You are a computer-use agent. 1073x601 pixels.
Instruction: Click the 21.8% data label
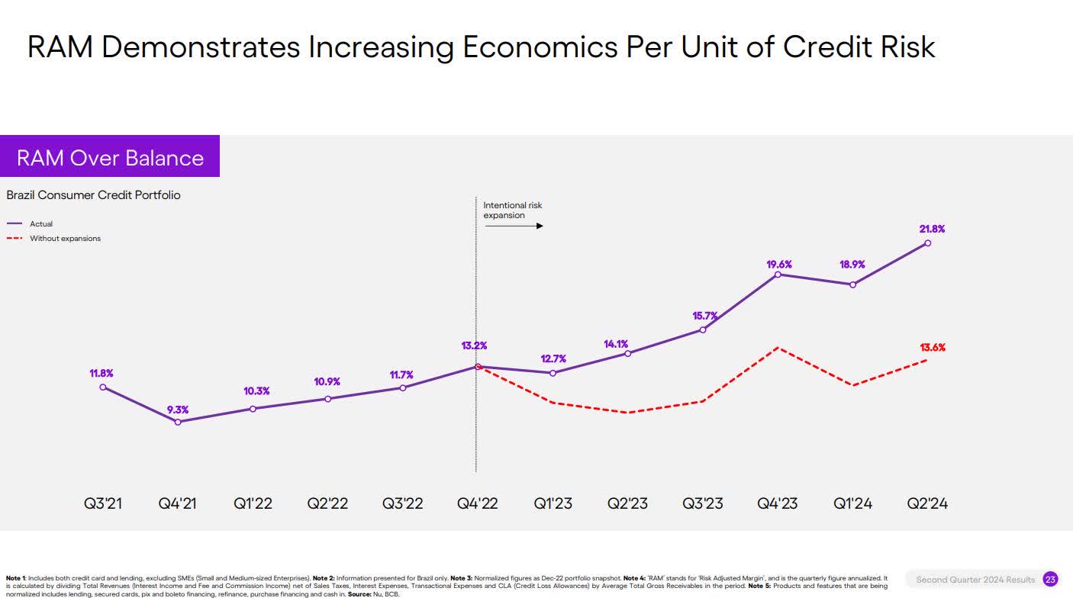coord(932,229)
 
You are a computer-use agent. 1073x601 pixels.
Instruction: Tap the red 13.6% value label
coord(932,348)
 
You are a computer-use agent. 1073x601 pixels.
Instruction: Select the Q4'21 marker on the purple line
coord(178,422)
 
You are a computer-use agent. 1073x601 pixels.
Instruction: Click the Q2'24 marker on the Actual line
coord(927,243)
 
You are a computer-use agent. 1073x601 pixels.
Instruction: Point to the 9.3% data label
coord(178,410)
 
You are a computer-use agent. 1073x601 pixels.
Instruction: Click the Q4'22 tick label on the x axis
coord(477,503)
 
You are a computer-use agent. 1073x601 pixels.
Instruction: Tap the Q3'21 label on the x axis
coord(103,503)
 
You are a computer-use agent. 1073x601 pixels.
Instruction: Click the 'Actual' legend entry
coord(41,224)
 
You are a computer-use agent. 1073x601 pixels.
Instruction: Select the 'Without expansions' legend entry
coord(65,239)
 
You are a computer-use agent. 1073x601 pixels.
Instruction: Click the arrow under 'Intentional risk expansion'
coord(514,226)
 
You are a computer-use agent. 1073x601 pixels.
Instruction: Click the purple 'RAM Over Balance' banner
coord(110,157)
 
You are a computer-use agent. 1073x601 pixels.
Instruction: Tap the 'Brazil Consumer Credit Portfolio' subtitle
coord(93,195)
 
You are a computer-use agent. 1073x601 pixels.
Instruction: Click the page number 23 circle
coord(1050,580)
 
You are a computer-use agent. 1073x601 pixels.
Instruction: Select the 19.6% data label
coord(779,265)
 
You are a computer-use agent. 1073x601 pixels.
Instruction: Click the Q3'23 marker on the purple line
coord(703,329)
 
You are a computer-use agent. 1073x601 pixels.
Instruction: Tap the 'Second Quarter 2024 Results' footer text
coord(975,580)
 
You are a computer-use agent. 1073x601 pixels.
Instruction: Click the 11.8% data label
coord(101,374)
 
